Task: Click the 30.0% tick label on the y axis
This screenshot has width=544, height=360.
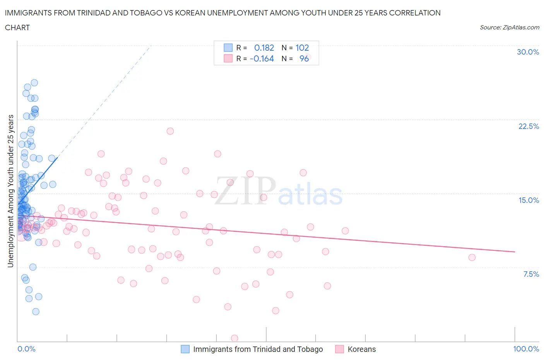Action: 528,52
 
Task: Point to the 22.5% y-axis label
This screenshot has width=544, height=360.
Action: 529,126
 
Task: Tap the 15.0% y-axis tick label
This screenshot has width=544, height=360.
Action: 529,200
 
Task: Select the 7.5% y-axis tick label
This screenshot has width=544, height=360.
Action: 531,274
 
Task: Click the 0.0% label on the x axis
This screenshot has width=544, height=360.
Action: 26,349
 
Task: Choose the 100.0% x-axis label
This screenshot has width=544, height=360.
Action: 526,349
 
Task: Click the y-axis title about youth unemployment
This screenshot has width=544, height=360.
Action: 10,191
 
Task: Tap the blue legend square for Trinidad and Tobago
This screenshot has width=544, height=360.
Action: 185,349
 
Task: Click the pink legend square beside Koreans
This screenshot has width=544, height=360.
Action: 340,349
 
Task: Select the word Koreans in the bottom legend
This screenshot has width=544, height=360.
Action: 361,349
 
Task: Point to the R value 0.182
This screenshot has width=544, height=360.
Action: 264,48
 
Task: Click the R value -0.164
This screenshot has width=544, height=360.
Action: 262,58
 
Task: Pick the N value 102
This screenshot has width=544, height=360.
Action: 302,48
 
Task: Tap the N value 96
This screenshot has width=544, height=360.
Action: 304,58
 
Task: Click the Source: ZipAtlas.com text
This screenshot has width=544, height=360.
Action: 509,27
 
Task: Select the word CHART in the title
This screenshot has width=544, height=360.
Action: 17,27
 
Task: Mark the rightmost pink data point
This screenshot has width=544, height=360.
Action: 472,257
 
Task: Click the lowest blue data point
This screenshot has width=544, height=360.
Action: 36,312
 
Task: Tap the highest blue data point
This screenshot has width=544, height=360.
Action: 34,82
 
